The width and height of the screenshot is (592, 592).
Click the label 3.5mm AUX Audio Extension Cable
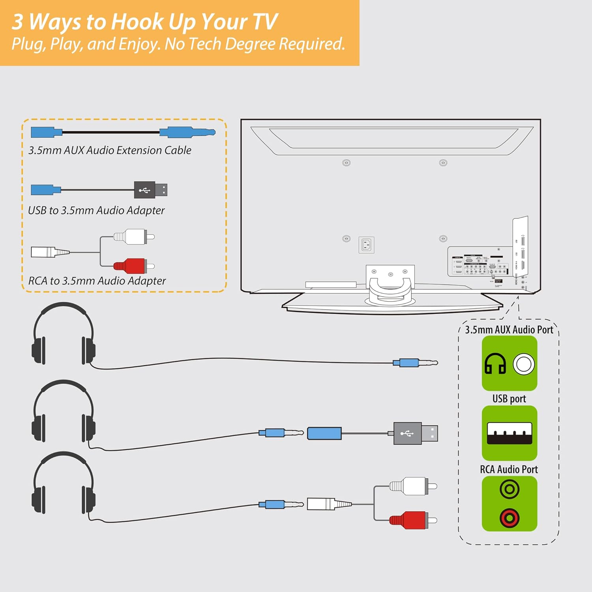pyautogui.click(x=110, y=150)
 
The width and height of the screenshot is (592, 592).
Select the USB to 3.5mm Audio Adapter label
pyautogui.click(x=96, y=210)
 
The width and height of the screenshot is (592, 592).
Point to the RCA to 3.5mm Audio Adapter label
pyautogui.click(x=97, y=281)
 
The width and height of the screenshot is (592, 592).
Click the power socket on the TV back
pyautogui.click(x=366, y=245)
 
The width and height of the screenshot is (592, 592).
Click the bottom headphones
pyautogui.click(x=64, y=483)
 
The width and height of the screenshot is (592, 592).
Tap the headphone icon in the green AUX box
pyautogui.click(x=495, y=363)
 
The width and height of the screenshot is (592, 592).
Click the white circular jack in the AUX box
pyautogui.click(x=524, y=364)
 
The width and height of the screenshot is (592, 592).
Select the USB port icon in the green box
pyautogui.click(x=509, y=433)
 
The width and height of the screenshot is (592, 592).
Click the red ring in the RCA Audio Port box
pyautogui.click(x=510, y=518)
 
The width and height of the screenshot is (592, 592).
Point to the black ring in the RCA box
pyautogui.click(x=510, y=489)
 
